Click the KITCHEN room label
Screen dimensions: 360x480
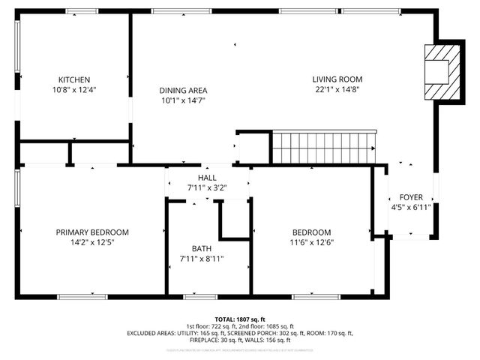tap(74, 79)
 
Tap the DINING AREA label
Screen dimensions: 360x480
tap(182, 90)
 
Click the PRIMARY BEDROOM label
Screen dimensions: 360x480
tap(92, 232)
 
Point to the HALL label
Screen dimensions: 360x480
tap(207, 178)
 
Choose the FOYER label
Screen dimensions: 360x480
tap(410, 198)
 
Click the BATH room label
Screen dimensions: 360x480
tap(202, 248)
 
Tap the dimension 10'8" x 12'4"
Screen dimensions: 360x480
tap(74, 89)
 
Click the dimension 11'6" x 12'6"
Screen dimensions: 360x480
tap(311, 242)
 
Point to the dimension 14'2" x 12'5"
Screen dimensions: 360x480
tap(92, 242)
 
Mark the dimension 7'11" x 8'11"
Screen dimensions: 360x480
tap(202, 259)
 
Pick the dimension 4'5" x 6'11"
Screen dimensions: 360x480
tap(410, 208)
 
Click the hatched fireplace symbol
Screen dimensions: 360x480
tap(439, 71)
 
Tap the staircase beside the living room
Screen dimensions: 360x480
tap(322, 147)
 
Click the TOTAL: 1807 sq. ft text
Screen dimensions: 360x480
tap(240, 319)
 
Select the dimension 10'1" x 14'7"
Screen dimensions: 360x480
tap(182, 100)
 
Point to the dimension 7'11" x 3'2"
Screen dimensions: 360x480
tap(207, 188)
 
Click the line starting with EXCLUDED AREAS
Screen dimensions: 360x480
tap(240, 332)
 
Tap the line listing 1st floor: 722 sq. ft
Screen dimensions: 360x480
tap(240, 326)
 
